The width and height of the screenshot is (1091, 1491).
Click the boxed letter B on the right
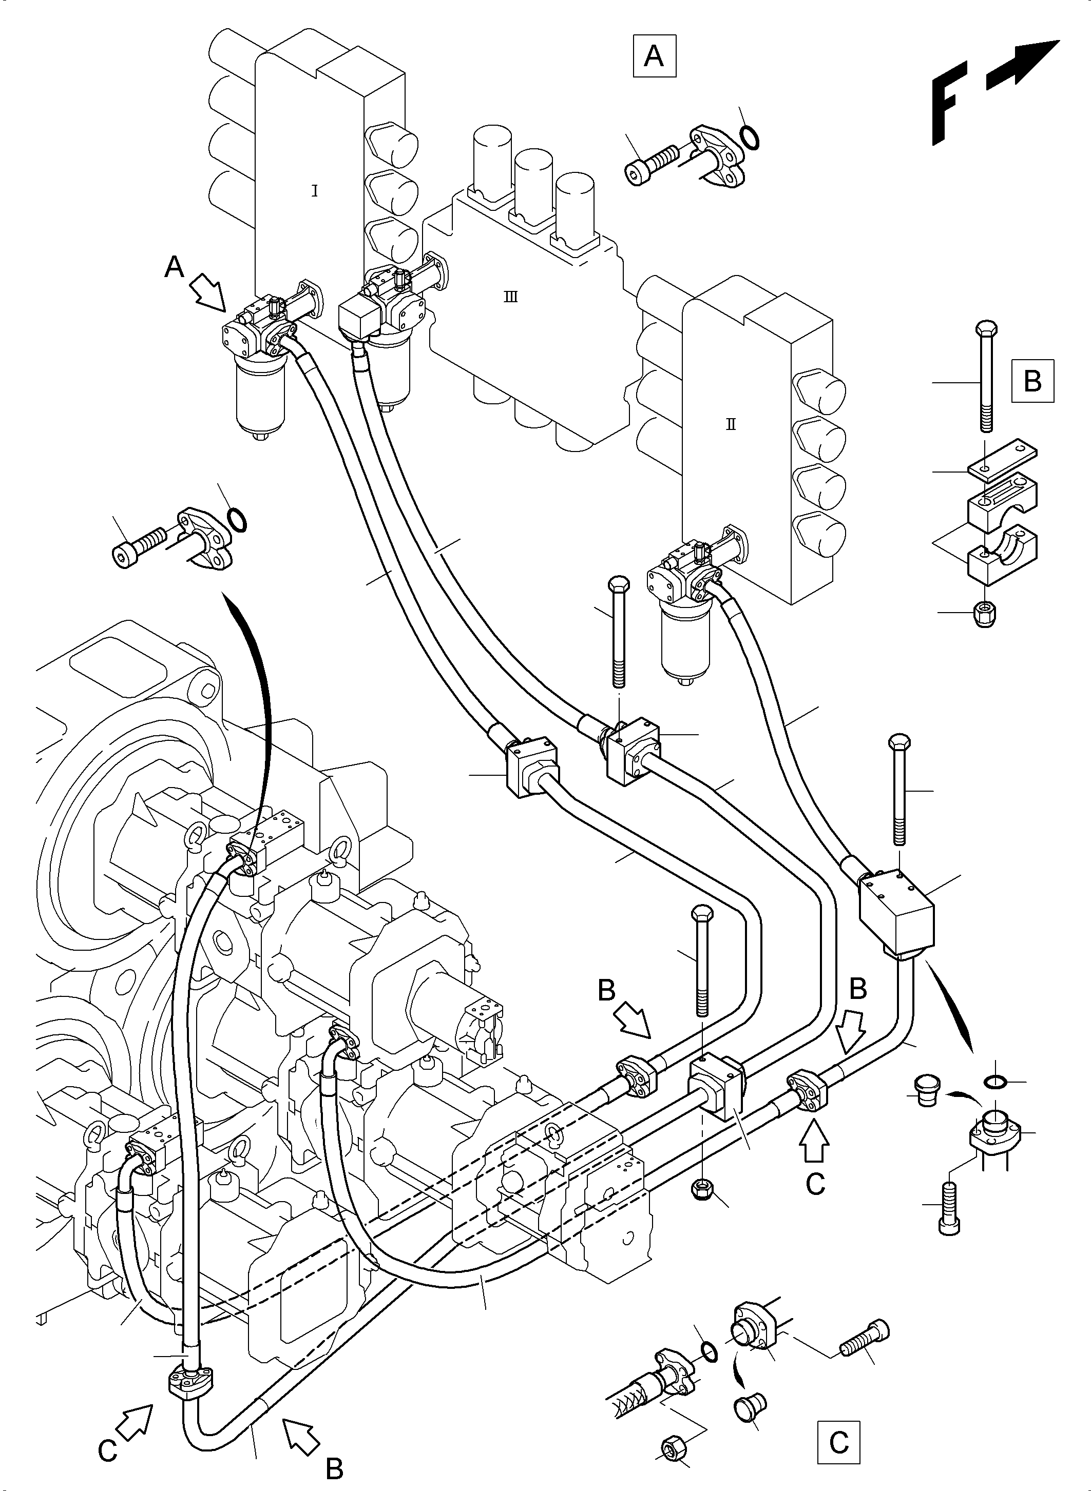pyautogui.click(x=1032, y=381)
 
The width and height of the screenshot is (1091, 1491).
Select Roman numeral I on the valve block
pyautogui.click(x=314, y=191)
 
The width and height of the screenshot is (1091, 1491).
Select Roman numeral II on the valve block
pyautogui.click(x=731, y=424)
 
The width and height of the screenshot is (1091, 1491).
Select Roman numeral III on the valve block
pyautogui.click(x=510, y=297)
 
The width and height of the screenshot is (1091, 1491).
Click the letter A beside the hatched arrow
pyautogui.click(x=174, y=268)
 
